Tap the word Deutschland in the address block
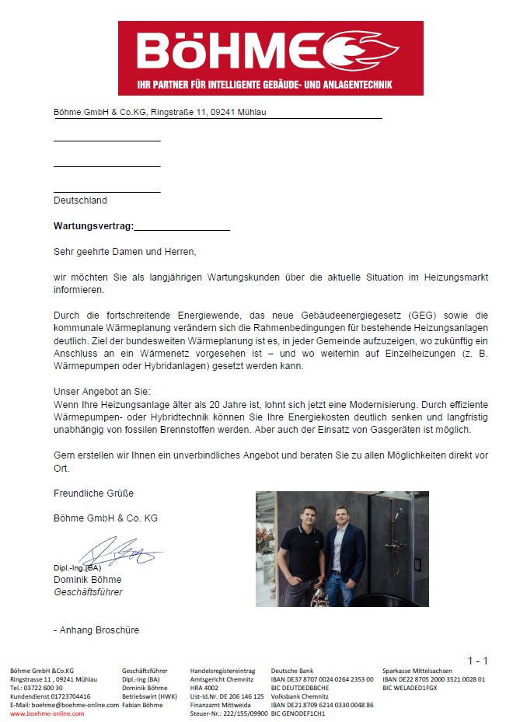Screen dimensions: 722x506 80,201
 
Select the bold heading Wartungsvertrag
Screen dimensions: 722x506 93,226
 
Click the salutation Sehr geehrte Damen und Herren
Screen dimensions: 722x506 125,252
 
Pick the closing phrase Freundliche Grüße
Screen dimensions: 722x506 93,494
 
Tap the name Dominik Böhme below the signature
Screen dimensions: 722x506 87,580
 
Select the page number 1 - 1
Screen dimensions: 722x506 477,661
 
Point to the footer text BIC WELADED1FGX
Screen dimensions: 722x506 410,688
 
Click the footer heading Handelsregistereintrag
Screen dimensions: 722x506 222,670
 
